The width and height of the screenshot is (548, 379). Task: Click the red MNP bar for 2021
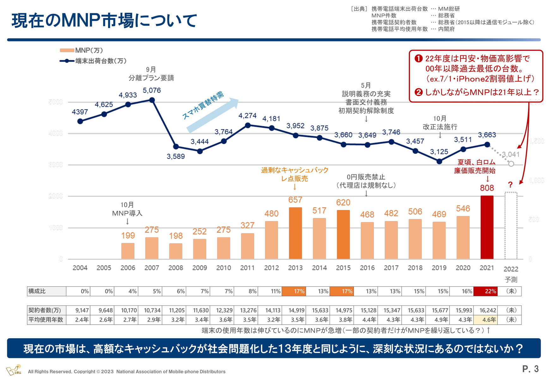point(487,227)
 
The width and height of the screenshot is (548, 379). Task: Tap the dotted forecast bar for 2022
point(511,226)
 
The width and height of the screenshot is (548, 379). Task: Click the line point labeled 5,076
point(152,100)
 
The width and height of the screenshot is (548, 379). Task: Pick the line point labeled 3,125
point(439,161)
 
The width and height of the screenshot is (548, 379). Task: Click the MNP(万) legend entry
point(82,51)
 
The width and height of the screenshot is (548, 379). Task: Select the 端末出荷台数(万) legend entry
point(93,61)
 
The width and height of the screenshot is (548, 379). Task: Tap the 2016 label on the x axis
point(367,268)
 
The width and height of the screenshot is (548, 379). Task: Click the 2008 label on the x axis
point(176,268)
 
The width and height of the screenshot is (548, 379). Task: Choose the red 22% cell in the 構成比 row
point(485,291)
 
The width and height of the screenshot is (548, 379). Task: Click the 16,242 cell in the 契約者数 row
point(485,310)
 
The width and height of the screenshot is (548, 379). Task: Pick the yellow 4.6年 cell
point(485,320)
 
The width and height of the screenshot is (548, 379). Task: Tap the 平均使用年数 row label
point(46,320)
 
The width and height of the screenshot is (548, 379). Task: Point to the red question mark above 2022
point(510,185)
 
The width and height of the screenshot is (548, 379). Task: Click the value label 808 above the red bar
point(487,188)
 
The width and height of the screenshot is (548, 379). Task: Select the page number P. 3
point(530,369)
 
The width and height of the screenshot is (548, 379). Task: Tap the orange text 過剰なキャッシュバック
point(295,170)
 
